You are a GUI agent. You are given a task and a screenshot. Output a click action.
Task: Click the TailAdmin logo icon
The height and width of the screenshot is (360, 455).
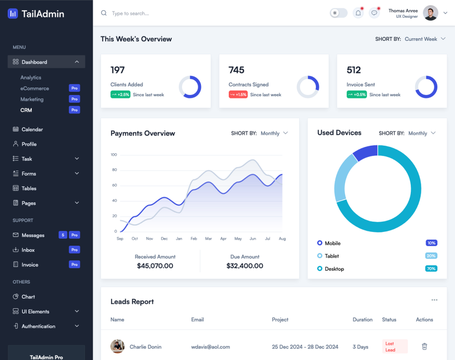13,14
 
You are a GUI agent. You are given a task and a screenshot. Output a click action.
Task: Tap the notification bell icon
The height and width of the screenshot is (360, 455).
358,13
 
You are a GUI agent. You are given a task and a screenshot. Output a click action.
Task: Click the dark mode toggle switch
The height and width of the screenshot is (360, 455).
338,13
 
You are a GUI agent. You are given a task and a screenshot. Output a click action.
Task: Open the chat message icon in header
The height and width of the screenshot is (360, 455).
374,13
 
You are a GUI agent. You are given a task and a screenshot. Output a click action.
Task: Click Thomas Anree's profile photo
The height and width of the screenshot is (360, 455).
430,13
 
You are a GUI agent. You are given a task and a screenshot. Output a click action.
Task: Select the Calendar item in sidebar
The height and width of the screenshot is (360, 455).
32,129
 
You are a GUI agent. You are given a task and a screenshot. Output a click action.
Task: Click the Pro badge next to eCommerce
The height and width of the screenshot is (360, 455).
74,88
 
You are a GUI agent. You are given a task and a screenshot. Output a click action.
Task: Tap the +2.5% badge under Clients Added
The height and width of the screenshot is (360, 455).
120,94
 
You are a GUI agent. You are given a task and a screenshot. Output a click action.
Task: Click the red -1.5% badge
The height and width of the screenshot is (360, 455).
238,94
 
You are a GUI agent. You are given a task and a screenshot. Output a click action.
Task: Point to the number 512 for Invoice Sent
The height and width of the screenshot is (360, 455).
354,70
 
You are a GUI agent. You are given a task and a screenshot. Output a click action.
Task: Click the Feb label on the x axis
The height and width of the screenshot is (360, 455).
193,239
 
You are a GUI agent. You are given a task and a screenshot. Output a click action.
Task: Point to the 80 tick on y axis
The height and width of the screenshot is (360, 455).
114,170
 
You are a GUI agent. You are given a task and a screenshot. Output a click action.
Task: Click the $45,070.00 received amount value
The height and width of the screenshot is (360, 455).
155,266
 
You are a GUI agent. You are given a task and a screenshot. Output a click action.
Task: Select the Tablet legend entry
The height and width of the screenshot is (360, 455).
331,256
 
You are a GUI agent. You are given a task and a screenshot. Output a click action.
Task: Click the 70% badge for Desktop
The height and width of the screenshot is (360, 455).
431,268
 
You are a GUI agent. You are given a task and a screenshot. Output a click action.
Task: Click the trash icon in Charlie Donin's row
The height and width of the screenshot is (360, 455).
424,347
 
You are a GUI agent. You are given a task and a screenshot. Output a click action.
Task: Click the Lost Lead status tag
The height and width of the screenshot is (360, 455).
394,347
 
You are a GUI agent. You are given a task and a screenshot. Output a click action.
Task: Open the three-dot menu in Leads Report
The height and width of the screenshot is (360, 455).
434,300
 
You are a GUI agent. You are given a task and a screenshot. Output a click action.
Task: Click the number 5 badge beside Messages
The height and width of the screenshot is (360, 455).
63,235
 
